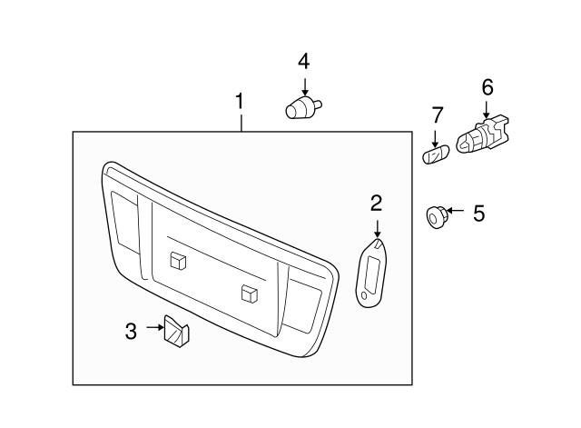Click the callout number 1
[x=240, y=101]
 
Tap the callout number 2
[x=376, y=204]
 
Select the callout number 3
[x=131, y=331]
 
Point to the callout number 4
[x=304, y=61]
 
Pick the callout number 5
[x=478, y=214]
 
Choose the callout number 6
[x=487, y=87]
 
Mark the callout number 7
[x=438, y=115]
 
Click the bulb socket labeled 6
[x=483, y=134]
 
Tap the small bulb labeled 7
[x=436, y=154]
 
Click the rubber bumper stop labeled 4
[x=302, y=107]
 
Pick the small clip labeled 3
[x=176, y=331]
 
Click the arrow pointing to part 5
[x=455, y=211]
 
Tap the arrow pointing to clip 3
[x=155, y=327]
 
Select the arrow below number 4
[x=305, y=87]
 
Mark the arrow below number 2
[x=378, y=229]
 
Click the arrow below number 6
[x=486, y=110]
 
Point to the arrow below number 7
[x=435, y=138]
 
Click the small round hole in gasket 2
[x=364, y=295]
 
